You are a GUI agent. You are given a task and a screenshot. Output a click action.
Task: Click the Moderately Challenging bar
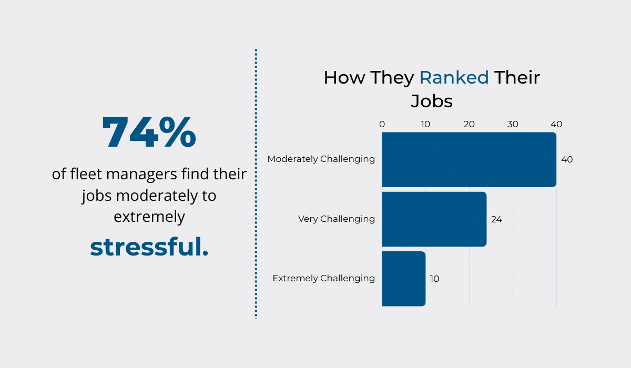point(469,159)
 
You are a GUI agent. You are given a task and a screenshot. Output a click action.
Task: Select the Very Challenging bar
point(434,219)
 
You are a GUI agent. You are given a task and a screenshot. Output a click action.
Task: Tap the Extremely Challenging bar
point(403,279)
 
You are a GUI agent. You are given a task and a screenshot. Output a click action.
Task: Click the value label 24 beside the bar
point(496,219)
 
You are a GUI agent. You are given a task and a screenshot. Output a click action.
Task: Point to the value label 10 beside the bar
point(434,279)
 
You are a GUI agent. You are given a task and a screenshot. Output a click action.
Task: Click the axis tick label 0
point(382,125)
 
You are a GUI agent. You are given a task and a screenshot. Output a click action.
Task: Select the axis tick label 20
point(469,125)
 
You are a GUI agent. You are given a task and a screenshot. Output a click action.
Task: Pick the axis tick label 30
point(513,125)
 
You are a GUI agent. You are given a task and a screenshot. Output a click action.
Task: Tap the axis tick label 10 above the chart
point(425,125)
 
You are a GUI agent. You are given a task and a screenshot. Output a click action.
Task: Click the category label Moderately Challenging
point(321,159)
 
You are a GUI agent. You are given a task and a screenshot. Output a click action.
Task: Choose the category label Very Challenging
point(337,219)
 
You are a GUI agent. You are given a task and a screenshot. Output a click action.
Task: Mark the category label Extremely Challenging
point(323,278)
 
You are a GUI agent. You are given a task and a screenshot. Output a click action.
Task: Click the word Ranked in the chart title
point(454,78)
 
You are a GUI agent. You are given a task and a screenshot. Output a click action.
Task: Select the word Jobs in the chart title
point(431,101)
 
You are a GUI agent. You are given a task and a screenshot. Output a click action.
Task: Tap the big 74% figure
point(149,133)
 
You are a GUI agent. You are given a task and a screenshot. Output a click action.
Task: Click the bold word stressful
point(149,248)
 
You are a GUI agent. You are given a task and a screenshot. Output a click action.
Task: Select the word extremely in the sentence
point(149,217)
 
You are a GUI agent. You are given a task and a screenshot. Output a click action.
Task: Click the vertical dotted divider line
point(256,184)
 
